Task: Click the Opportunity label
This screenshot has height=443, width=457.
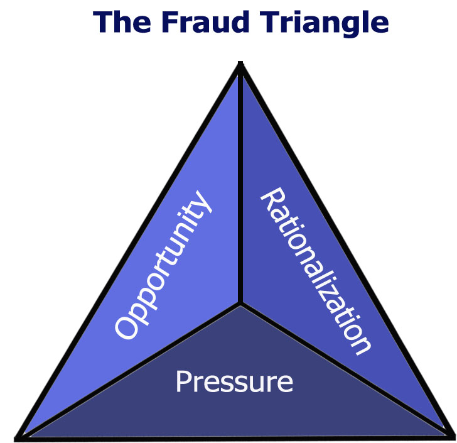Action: (162, 267)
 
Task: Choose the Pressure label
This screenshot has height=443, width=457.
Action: (234, 381)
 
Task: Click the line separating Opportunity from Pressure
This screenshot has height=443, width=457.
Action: (132, 369)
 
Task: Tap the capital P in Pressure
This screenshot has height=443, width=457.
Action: (183, 381)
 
